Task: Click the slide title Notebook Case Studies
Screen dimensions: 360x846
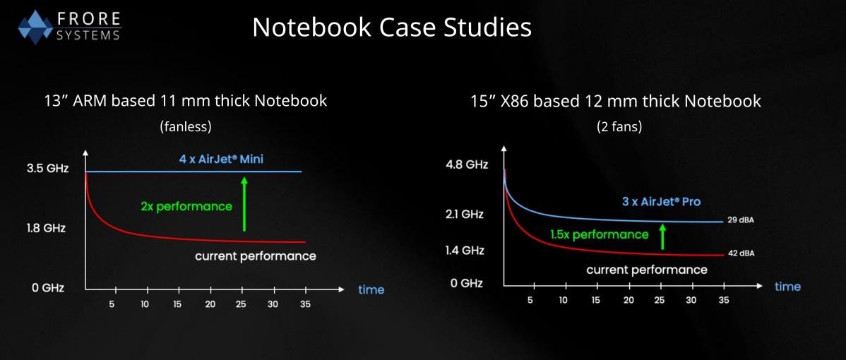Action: pos(391,28)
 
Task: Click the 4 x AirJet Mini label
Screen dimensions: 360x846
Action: pos(221,159)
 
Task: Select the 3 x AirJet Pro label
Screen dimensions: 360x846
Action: pos(661,201)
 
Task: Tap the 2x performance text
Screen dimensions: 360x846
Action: pos(186,206)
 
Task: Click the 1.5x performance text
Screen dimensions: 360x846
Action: pos(599,234)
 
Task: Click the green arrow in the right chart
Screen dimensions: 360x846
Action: pos(662,236)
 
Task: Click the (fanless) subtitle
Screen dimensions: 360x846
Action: pos(186,126)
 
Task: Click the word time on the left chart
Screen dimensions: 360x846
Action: pos(371,289)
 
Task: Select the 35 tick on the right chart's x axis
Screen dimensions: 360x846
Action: pos(724,300)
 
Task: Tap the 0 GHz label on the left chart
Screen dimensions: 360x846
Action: pos(47,288)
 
